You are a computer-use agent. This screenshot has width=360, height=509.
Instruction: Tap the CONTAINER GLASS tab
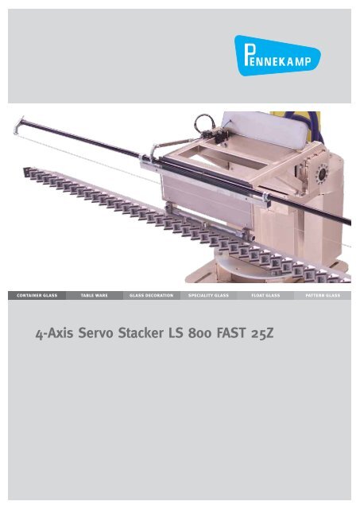pyautogui.click(x=32, y=294)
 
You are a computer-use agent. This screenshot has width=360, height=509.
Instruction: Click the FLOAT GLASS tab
pyautogui.click(x=269, y=294)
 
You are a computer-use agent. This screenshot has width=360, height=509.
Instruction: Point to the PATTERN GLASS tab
pyautogui.click(x=328, y=294)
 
